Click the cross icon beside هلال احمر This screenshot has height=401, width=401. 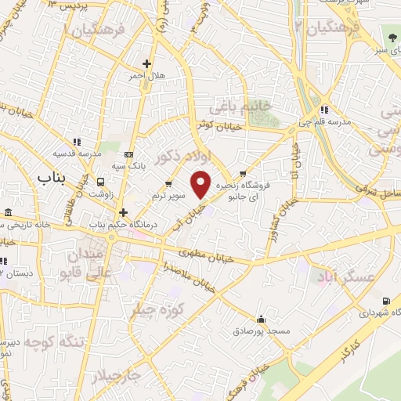coord(146,64)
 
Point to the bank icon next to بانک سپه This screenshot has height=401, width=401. coord(129,154)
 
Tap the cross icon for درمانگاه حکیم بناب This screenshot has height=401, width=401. coord(122,212)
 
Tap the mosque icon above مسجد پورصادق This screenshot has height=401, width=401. coord(261,319)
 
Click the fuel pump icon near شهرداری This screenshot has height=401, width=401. coord(385,301)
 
